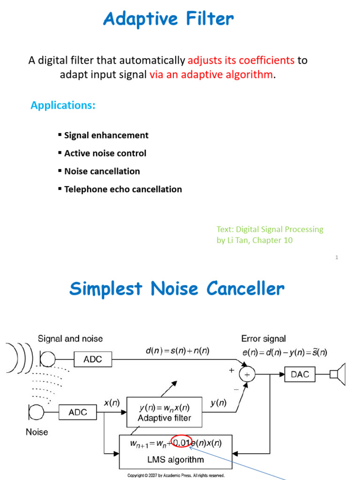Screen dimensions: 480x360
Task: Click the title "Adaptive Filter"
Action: (168, 19)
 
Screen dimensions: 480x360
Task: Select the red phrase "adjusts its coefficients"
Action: (241, 60)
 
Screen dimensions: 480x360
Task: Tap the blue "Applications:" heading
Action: (63, 105)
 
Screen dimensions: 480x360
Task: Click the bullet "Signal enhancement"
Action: (106, 135)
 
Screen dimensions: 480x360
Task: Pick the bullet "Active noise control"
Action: (105, 153)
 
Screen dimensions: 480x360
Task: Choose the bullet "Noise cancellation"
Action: (102, 172)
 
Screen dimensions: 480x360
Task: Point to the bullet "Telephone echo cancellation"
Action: (123, 189)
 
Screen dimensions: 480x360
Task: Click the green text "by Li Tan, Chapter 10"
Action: (255, 240)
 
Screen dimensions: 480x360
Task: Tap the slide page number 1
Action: (337, 257)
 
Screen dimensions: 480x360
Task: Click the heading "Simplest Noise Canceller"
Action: (177, 289)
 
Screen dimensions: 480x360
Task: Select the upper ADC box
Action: (94, 360)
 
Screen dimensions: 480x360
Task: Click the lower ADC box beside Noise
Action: (78, 412)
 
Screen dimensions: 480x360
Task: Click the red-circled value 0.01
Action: (181, 442)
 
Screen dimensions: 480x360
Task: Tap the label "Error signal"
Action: (263, 338)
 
